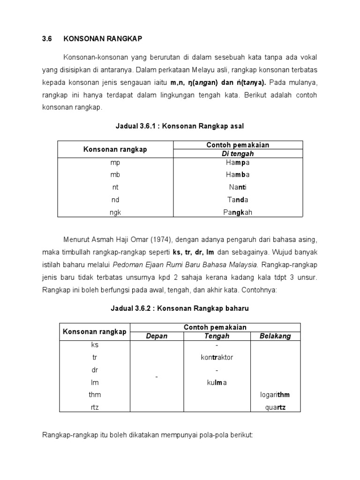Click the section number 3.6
pyautogui.click(x=47, y=38)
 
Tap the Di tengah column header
pyautogui.click(x=238, y=154)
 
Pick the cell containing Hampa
pyautogui.click(x=238, y=162)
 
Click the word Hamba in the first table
pyautogui.click(x=238, y=175)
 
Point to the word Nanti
pyautogui.click(x=238, y=187)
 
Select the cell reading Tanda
pyautogui.click(x=238, y=200)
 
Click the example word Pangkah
pyautogui.click(x=238, y=212)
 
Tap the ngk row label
pyautogui.click(x=115, y=212)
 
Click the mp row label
pyautogui.click(x=115, y=162)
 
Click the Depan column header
pyautogui.click(x=157, y=336)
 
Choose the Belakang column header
pyautogui.click(x=275, y=336)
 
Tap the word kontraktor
pyautogui.click(x=217, y=357)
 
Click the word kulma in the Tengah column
pyautogui.click(x=217, y=382)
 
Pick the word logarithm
pyautogui.click(x=275, y=395)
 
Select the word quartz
pyautogui.click(x=275, y=407)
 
